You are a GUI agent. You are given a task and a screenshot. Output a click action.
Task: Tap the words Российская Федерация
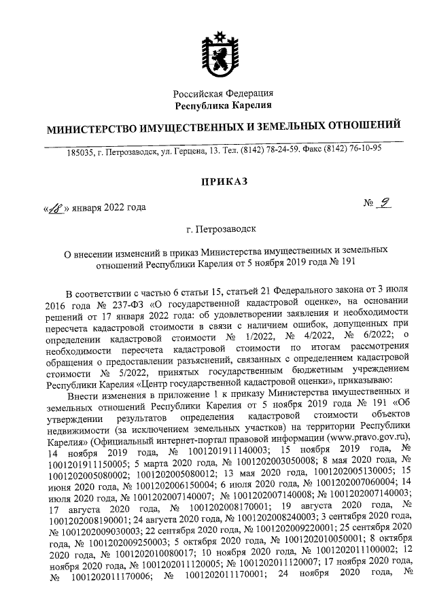[223, 93]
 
